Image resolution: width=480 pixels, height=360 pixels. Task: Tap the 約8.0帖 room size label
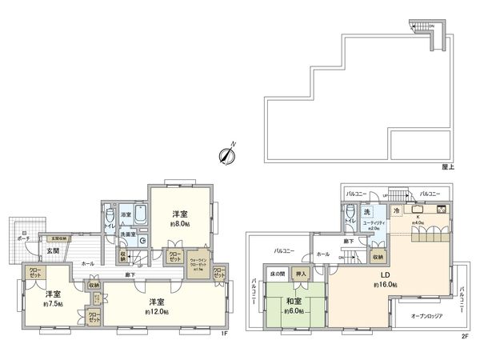point(180,225)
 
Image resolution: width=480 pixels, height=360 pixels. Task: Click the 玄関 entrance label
point(52,250)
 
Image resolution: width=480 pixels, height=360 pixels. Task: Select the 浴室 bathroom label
point(126,215)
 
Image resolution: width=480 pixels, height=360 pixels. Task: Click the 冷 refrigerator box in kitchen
point(394,210)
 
